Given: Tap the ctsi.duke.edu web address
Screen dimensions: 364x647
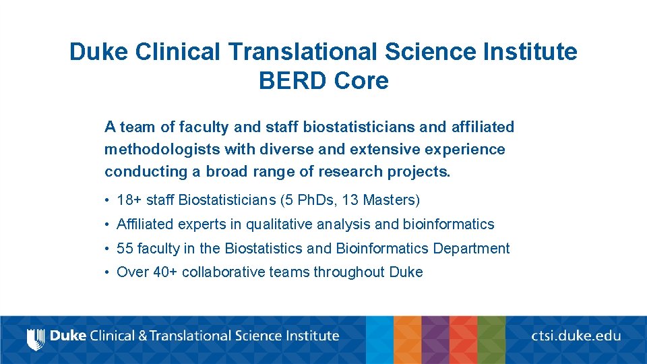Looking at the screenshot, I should tap(576, 335).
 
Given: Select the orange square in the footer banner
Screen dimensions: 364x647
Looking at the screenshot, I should tap(407, 340).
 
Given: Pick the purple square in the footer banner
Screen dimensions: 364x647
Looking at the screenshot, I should tap(435, 340).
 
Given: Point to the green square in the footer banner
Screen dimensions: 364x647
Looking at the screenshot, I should tap(491, 340).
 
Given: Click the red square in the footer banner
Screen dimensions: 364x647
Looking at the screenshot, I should tap(463, 340).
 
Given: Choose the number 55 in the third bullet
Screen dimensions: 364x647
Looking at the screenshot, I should tap(125, 249).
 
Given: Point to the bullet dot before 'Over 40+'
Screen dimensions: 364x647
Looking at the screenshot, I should tap(108, 272).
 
